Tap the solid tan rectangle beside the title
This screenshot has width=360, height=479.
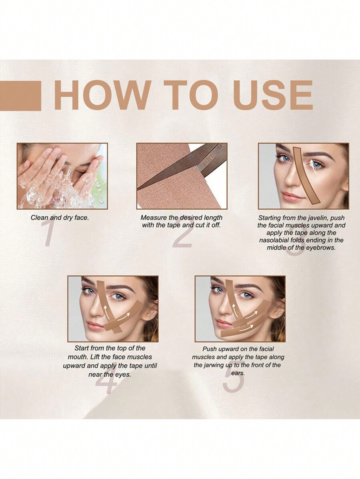[x=20, y=96]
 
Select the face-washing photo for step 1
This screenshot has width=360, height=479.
[x=62, y=176]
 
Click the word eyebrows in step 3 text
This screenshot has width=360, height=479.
[x=320, y=247]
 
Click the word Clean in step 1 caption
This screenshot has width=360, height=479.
[x=40, y=218]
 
